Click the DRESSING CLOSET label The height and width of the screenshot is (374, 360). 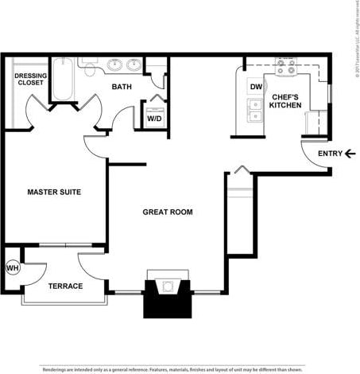30,80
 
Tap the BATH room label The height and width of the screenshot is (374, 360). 122,87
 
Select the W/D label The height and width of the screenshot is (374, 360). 153,118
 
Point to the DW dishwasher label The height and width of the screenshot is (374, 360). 256,87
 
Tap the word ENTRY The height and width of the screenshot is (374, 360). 330,154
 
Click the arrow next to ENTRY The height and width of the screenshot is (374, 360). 350,154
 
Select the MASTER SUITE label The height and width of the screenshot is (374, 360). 54,192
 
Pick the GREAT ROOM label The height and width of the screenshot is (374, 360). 168,212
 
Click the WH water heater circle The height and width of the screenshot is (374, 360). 12,268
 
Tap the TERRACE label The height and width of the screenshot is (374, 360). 65,286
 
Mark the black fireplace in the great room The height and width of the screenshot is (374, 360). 167,298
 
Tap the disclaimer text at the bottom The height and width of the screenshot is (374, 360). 172,369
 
